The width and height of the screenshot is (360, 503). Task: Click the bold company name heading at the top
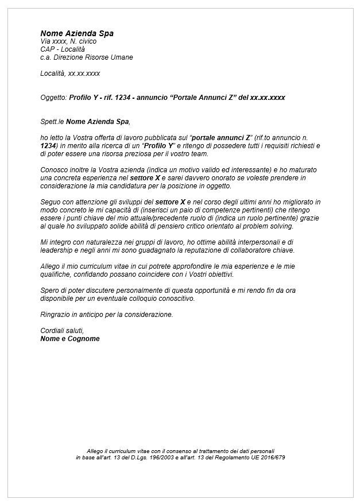77,33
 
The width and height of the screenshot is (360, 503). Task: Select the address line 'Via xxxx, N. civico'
68,41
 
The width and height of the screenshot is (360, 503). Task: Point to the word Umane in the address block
121,57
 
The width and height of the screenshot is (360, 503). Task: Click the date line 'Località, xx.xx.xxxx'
70,73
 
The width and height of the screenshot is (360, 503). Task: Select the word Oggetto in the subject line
53,98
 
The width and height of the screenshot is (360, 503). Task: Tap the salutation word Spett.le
52,122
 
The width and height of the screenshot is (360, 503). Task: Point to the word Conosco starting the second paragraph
53,171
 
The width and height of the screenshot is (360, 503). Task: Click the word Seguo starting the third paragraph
50,203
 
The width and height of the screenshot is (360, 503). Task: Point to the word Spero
49,291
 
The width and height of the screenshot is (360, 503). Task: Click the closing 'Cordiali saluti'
62,331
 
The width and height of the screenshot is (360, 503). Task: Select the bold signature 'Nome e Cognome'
70,339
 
